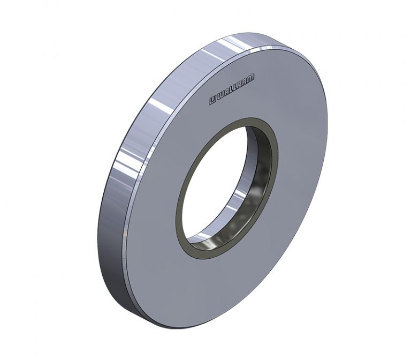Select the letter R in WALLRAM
pos(240,86)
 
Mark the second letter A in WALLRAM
pos(245,83)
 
